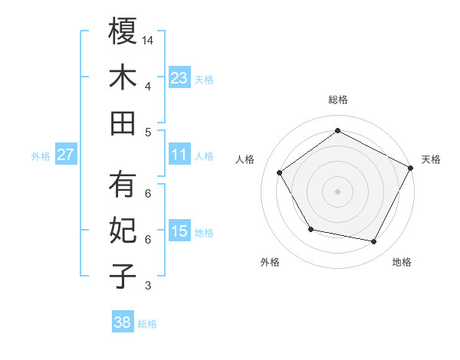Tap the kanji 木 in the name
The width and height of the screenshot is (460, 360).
[x=123, y=77]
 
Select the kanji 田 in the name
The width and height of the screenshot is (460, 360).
[x=123, y=123]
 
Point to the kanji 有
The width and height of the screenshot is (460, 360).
[x=123, y=185]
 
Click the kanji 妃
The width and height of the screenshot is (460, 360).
[x=123, y=231]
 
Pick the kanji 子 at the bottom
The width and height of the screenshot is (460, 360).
[x=123, y=277]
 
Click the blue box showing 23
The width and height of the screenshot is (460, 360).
[x=179, y=77]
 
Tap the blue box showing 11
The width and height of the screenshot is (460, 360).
[x=179, y=155]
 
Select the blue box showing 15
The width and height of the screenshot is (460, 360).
[x=179, y=231]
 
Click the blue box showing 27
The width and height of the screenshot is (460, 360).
[x=66, y=155]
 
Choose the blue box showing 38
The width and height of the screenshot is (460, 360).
[x=123, y=322]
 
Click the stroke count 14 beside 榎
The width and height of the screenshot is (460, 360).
[x=149, y=40]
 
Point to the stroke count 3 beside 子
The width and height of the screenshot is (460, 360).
[x=148, y=286]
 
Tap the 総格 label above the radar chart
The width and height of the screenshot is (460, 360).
[x=337, y=100]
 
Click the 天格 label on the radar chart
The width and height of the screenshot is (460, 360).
[x=432, y=159]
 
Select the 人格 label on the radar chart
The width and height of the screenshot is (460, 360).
[x=245, y=159]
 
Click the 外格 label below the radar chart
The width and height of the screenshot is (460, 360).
[x=270, y=262]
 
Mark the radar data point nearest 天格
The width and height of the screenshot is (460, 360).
[x=411, y=168]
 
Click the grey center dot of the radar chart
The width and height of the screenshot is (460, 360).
[x=337, y=191]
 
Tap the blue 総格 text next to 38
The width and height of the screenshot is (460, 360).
[x=147, y=324]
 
